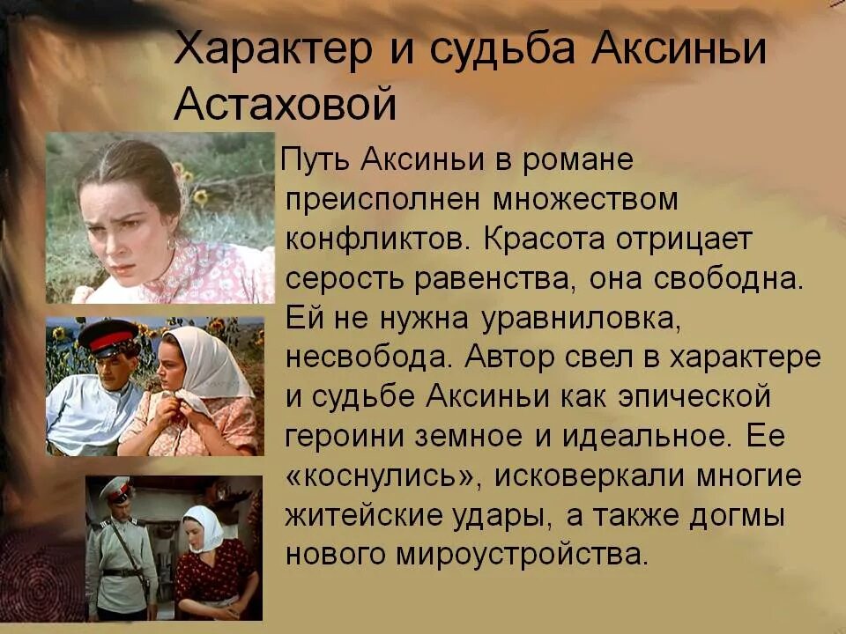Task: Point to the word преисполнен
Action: (382, 200)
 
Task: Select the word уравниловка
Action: (567, 318)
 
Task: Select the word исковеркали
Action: (582, 476)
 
